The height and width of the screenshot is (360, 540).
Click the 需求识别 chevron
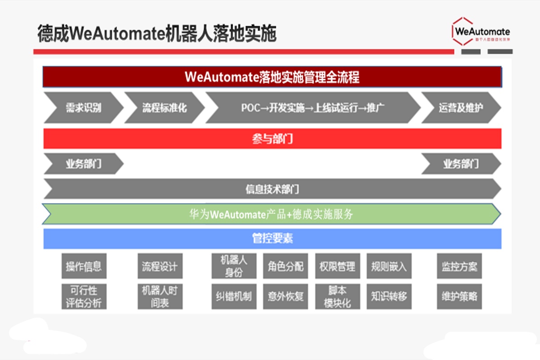point(83,108)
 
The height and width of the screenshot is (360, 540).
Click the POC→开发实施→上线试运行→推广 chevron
point(313,108)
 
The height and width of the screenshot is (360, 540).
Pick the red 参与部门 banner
point(272,139)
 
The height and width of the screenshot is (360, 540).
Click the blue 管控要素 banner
point(272,238)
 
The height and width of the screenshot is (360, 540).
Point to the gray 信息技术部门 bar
point(272,189)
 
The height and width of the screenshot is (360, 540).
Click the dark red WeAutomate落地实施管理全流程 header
point(272,77)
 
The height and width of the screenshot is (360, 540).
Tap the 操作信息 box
point(84,266)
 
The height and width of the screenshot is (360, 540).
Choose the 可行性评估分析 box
point(84,296)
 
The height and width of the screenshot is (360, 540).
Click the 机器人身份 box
point(234,266)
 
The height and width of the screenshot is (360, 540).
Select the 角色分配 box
point(285,266)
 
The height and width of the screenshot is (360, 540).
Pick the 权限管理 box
point(337,266)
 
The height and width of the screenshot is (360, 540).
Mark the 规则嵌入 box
point(389,266)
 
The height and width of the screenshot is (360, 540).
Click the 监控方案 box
point(459,266)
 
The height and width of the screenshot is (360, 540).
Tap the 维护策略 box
point(459,296)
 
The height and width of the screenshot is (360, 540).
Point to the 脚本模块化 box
point(337,296)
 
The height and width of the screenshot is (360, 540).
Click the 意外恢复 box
point(285,296)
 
